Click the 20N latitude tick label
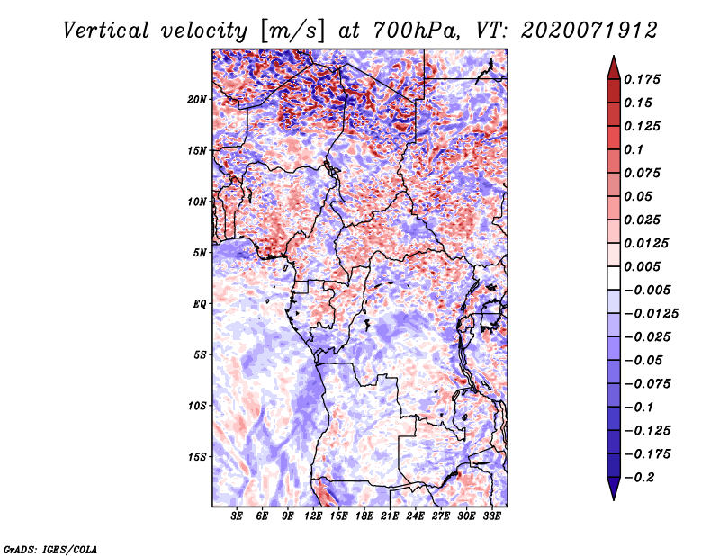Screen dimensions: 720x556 (x=197, y=99)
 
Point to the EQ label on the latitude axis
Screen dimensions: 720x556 (x=200, y=304)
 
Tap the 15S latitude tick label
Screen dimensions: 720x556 (x=197, y=457)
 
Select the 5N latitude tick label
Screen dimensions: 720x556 (x=200, y=253)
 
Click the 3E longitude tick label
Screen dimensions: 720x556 (x=237, y=516)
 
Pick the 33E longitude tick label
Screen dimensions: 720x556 (x=491, y=516)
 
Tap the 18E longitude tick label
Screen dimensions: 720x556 (x=364, y=516)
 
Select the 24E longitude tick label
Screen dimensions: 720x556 (x=415, y=516)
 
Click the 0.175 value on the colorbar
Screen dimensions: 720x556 (x=642, y=79)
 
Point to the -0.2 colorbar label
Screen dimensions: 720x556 (x=639, y=478)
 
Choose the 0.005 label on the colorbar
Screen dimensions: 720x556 (x=642, y=266)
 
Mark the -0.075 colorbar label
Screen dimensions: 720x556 (x=647, y=384)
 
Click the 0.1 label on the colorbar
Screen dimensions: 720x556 (x=634, y=149)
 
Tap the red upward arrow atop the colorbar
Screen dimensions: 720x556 (x=614, y=67)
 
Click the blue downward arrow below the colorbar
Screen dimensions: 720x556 (x=614, y=489)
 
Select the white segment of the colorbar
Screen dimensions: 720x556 (x=614, y=278)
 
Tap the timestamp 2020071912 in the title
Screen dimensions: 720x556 (x=589, y=31)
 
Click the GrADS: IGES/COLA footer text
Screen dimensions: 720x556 (x=50, y=549)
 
